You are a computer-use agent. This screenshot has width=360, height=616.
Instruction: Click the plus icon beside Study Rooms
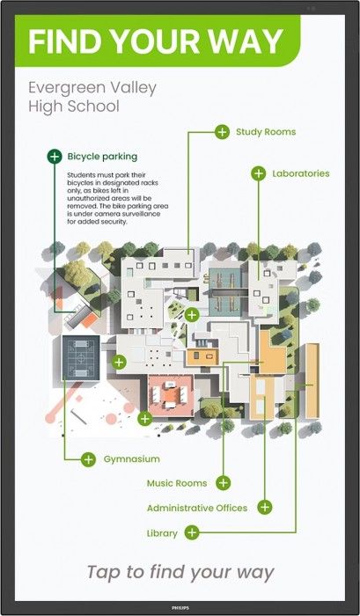tap(222, 132)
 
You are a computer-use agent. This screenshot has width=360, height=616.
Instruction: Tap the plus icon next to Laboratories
tap(258, 173)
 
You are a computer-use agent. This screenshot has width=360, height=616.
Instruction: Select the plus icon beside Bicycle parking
tap(55, 157)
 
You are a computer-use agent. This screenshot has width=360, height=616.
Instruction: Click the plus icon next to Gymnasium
tap(88, 459)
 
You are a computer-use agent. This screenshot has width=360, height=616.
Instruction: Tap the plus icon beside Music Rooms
tap(224, 483)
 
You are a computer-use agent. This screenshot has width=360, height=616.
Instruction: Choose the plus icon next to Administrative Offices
tap(265, 507)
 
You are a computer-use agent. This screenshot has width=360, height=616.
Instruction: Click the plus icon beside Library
tap(192, 532)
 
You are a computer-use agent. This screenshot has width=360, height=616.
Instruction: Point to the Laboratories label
tap(301, 173)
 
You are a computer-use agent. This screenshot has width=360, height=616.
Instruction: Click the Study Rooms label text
tap(266, 132)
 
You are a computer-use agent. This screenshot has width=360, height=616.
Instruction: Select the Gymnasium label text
tap(132, 459)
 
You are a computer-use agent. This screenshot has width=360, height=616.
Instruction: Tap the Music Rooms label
tap(177, 483)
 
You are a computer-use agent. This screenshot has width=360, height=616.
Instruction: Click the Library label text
tap(162, 533)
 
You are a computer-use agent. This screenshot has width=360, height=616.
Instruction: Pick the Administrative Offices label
tap(197, 508)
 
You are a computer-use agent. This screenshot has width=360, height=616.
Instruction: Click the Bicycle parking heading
tap(102, 157)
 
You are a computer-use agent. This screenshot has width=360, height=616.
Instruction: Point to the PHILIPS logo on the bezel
tap(180, 608)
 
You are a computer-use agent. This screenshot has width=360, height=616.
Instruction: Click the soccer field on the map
tap(81, 358)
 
